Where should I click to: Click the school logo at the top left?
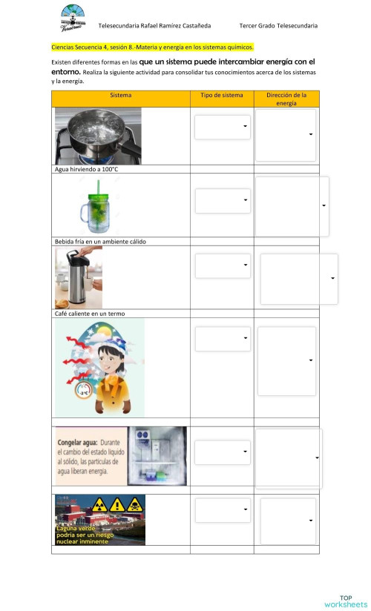tap(72, 16)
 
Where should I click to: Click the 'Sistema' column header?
tap(120, 96)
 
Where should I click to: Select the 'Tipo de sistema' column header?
tap(222, 96)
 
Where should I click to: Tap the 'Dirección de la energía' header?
tap(286, 99)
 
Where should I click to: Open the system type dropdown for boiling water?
tap(223, 127)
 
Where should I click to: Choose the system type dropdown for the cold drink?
tap(223, 200)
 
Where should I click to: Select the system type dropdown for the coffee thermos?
tap(223, 265)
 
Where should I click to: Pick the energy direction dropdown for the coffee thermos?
tap(299, 278)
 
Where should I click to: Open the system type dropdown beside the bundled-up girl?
tap(223, 339)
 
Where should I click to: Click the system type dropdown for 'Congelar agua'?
tap(223, 452)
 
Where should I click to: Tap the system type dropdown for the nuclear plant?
tap(223, 510)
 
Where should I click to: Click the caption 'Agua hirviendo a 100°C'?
tap(87, 169)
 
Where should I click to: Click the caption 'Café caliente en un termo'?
tap(90, 314)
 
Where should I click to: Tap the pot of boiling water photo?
tap(98, 136)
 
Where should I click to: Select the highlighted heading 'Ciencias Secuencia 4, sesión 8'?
tap(152, 47)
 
